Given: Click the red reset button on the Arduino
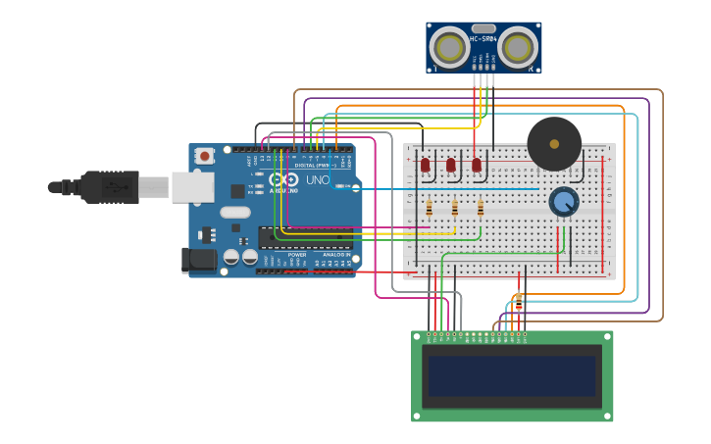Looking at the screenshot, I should click(x=204, y=156).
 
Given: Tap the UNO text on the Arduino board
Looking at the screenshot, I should click(x=318, y=180).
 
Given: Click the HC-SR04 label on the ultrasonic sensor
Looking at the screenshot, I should click(x=483, y=39).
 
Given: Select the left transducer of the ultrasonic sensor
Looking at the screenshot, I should click(x=450, y=47).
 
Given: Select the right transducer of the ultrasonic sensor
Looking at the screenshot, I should click(x=518, y=47).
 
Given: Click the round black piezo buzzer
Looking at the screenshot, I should click(x=554, y=143).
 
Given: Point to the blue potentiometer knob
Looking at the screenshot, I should click(x=564, y=202).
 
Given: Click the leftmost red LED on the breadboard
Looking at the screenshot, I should click(x=426, y=166).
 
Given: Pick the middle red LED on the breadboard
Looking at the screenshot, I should click(x=451, y=166).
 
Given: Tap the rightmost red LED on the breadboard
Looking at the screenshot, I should click(x=477, y=166).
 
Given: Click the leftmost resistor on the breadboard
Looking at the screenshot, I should click(x=430, y=208).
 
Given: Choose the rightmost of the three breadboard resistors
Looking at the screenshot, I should click(x=481, y=208).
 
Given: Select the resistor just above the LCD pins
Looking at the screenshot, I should click(x=519, y=303).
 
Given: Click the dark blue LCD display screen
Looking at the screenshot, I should click(x=511, y=375).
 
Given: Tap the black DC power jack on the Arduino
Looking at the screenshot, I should click(x=198, y=260).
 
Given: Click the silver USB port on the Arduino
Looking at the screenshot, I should click(x=192, y=186).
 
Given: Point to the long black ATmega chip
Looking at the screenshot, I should click(x=304, y=236).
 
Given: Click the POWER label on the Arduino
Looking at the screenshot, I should click(x=297, y=254).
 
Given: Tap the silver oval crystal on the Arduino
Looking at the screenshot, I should click(x=235, y=212).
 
